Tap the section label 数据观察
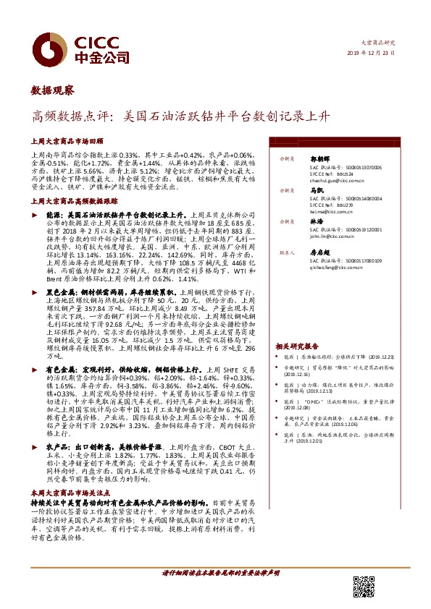tap(52, 90)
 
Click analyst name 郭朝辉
tap(322, 156)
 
